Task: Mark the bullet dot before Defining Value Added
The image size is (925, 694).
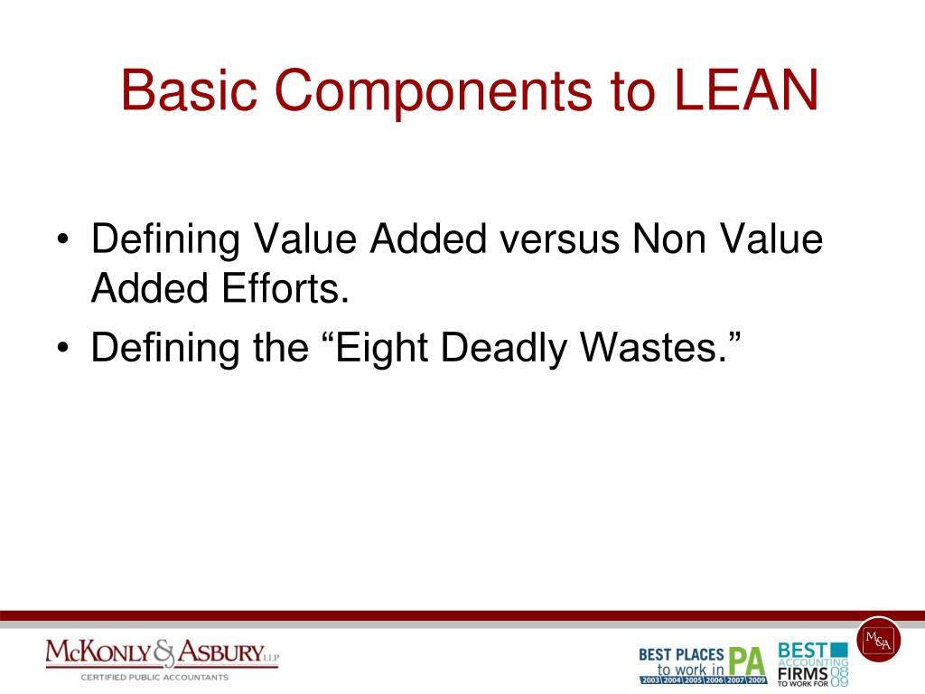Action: point(62,242)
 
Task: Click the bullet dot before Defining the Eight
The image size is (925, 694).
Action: point(62,349)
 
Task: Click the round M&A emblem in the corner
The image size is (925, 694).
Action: point(878,638)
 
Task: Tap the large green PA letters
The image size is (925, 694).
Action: point(747,660)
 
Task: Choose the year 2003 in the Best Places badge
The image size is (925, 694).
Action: point(649,680)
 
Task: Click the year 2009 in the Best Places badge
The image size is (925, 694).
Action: point(756,680)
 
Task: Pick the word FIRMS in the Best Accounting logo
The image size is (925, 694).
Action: point(802,671)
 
